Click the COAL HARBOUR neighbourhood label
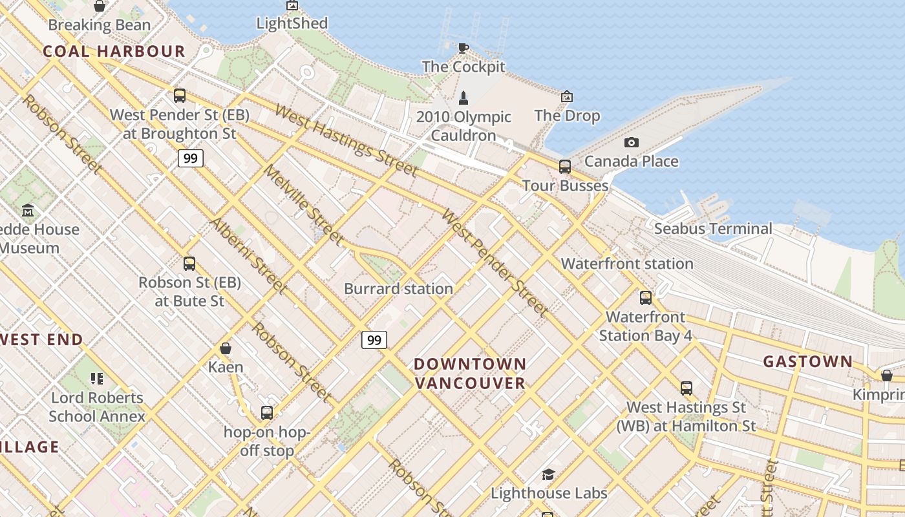pos(114,52)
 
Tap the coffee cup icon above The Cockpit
pos(463,48)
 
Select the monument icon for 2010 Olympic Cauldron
pos(463,98)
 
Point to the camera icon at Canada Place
pos(631,143)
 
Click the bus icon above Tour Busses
pos(565,167)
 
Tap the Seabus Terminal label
pos(713,229)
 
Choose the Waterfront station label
pos(627,264)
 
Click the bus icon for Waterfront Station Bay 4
pos(645,298)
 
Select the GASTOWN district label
pos(808,362)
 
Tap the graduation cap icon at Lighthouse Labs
pos(548,475)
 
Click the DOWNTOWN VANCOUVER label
pos(470,374)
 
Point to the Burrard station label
pos(398,289)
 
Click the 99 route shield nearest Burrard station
pos(374,340)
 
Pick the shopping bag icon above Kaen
pos(226,349)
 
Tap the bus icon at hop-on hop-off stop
pos(266,413)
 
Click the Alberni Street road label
pos(248,255)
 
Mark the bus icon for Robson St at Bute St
pos(189,264)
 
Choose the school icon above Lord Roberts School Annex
pos(97,379)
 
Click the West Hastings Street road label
pos(346,140)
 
